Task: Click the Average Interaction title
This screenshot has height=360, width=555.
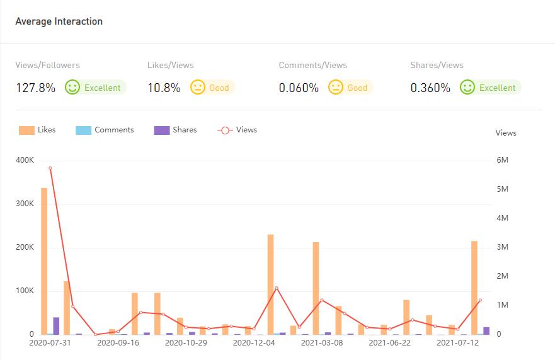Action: coord(59,21)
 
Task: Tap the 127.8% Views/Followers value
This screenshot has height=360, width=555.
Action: coord(35,88)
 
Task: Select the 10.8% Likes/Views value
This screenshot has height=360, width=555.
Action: coord(164,88)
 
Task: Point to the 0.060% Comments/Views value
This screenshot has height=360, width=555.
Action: coord(299,88)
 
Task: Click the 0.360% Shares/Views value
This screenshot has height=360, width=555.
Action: coord(430,88)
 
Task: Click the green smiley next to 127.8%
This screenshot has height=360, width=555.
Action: coord(72,87)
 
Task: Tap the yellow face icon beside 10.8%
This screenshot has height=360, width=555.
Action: coord(198,87)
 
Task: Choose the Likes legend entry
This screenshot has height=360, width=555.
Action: coord(37,130)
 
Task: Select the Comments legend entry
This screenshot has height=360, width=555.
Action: coord(105,130)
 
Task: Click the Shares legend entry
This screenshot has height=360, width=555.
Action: coord(175,130)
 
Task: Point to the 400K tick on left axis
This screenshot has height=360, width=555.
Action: coord(25,160)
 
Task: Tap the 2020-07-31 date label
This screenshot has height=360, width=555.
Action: coord(50,343)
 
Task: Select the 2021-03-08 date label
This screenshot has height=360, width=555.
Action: coord(322,343)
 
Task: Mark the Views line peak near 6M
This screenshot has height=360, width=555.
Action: coord(50,168)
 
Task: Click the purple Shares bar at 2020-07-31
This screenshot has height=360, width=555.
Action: coord(56,326)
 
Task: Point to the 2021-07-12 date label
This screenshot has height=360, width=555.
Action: coord(458,343)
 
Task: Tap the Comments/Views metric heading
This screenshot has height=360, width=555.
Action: coord(312,65)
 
